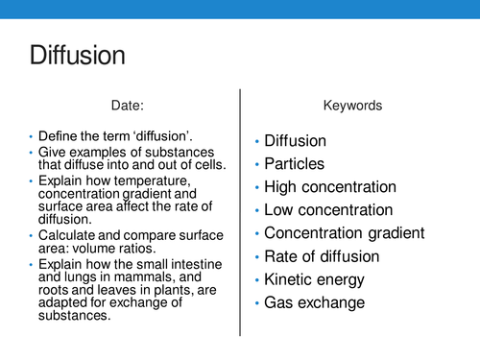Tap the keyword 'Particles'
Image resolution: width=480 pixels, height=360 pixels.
click(x=294, y=163)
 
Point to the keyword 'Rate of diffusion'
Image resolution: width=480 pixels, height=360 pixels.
click(x=321, y=256)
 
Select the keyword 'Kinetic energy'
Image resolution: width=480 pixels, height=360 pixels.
click(x=314, y=279)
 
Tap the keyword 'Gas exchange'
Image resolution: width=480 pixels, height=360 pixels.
click(x=314, y=303)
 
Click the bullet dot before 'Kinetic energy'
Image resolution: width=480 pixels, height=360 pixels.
click(x=256, y=280)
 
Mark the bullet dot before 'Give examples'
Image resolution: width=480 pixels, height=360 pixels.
click(x=31, y=153)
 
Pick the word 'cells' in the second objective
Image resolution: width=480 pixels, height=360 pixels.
click(x=206, y=165)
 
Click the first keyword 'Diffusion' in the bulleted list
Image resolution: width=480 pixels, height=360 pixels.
click(x=296, y=140)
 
